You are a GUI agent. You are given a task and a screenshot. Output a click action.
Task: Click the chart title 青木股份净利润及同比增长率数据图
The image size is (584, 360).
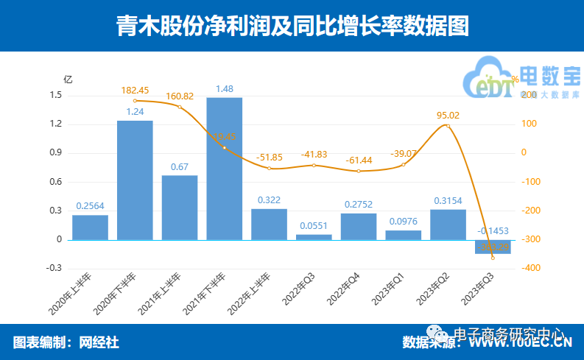pyautogui.click(x=292, y=27)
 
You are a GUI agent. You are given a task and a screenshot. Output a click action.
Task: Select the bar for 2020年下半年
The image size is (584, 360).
pyautogui.click(x=135, y=180)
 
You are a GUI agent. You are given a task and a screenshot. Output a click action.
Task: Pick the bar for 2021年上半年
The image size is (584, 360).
pyautogui.click(x=180, y=207)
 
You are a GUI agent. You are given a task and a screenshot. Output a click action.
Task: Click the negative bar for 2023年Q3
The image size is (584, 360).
pyautogui.click(x=493, y=247)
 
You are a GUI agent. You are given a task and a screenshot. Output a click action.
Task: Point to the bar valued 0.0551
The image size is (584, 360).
pyautogui.click(x=314, y=236)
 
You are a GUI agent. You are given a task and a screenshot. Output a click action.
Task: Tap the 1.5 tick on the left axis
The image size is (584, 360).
pyautogui.click(x=55, y=95)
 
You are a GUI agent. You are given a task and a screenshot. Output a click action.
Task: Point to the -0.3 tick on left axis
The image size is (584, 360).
pyautogui.click(x=54, y=268)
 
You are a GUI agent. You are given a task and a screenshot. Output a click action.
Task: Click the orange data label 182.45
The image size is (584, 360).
pyautogui.click(x=135, y=90)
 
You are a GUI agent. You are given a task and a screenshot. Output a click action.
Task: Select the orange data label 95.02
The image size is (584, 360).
pyautogui.click(x=448, y=115)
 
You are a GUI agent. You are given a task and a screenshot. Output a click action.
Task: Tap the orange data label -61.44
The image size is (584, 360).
pyautogui.click(x=359, y=160)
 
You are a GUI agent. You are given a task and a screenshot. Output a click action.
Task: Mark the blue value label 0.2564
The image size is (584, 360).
pyautogui.click(x=90, y=206)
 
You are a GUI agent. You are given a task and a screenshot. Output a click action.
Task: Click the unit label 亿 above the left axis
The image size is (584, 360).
pyautogui.click(x=68, y=79)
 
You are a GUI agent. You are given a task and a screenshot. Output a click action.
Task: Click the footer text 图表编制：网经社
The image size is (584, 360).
pyautogui.click(x=66, y=342)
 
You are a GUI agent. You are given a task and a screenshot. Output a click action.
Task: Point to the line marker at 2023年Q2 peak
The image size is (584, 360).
pyautogui.click(x=448, y=126)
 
